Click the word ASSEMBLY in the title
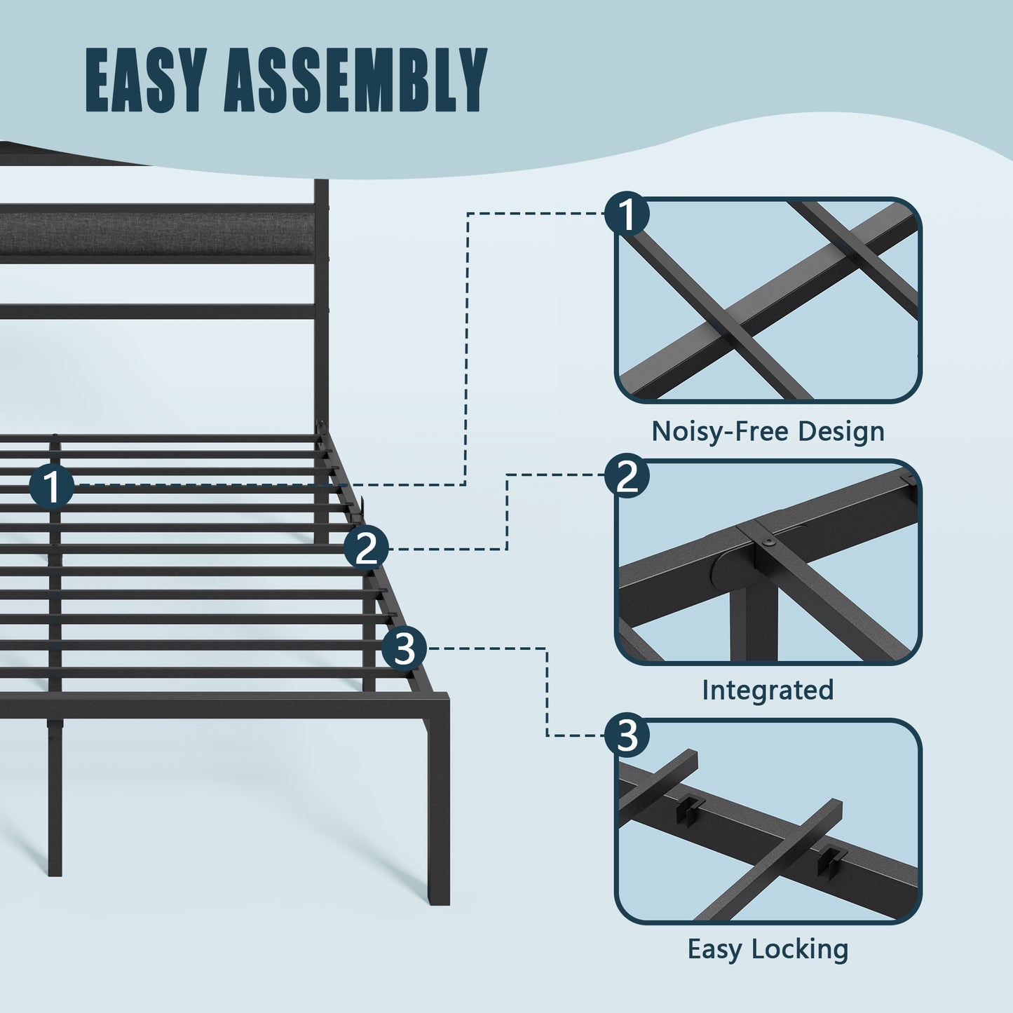tap(355, 80)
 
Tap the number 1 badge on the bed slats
tap(51, 487)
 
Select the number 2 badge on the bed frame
tap(366, 548)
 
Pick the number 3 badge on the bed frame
tap(404, 648)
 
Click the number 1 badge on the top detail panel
tap(627, 213)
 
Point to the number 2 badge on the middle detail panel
tap(627, 476)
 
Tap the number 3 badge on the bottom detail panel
tap(627, 735)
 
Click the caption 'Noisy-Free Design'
tap(768, 432)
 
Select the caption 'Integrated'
tap(768, 690)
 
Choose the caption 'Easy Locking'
tap(768, 949)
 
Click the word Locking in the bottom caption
tap(800, 949)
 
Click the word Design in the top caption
tap(841, 432)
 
